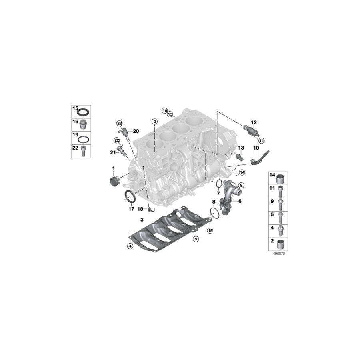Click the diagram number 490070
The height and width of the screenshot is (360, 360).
coord(279,254)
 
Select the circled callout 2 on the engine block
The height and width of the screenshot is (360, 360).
coord(154,121)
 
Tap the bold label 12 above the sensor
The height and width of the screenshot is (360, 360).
coord(254,123)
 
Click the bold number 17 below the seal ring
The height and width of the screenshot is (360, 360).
coord(131,209)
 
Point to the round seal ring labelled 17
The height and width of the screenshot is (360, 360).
coord(130,197)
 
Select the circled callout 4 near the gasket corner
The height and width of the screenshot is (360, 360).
coord(130,246)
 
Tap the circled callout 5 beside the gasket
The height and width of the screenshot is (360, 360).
coord(196,239)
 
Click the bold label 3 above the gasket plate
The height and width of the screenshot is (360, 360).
coord(142,220)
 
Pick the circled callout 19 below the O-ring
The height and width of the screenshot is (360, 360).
coord(210,230)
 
